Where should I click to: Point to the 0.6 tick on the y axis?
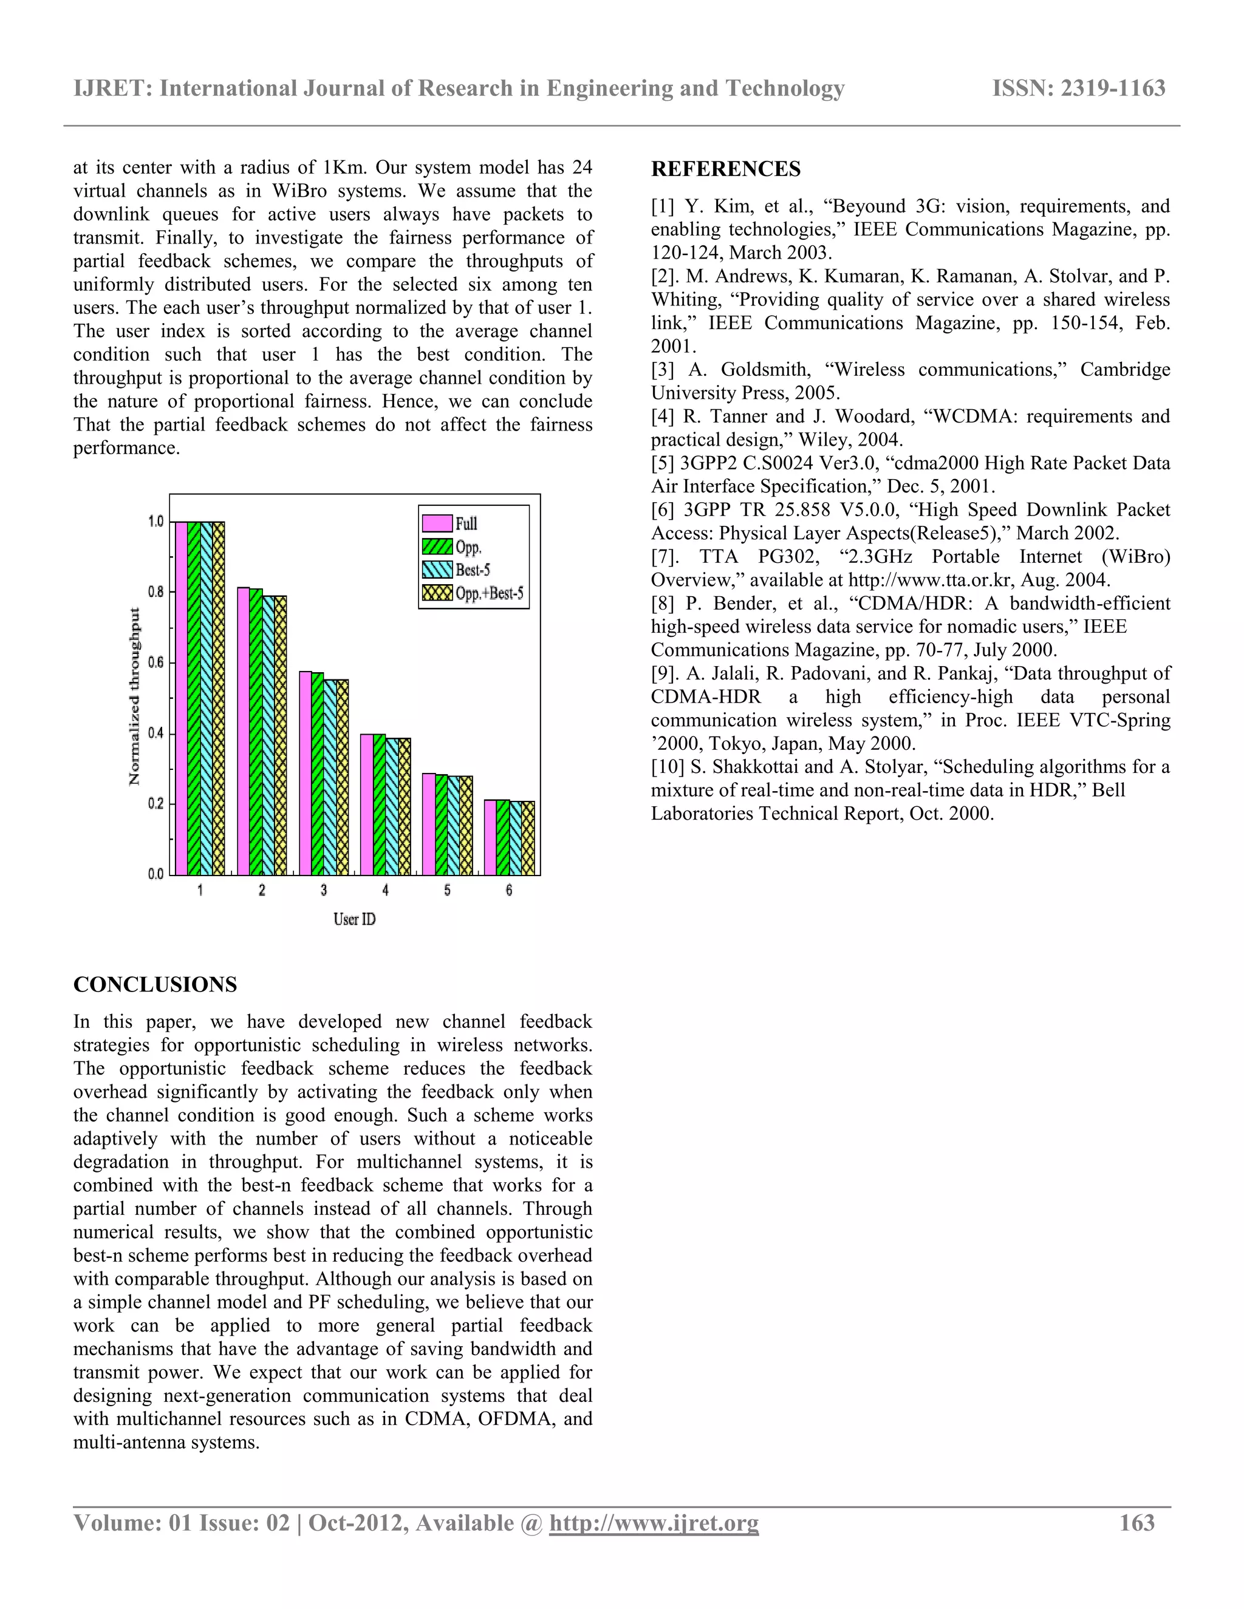pyautogui.click(x=155, y=662)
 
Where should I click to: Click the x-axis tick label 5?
pyautogui.click(x=446, y=891)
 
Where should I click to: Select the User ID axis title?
pyautogui.click(x=355, y=919)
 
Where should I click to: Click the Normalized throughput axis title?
pyautogui.click(x=135, y=696)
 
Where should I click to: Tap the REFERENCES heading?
pyautogui.click(x=725, y=169)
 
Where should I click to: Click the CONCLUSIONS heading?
pyautogui.click(x=155, y=985)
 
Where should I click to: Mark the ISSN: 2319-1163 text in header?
pyautogui.click(x=1079, y=89)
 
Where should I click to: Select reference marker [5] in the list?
pyautogui.click(x=663, y=463)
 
